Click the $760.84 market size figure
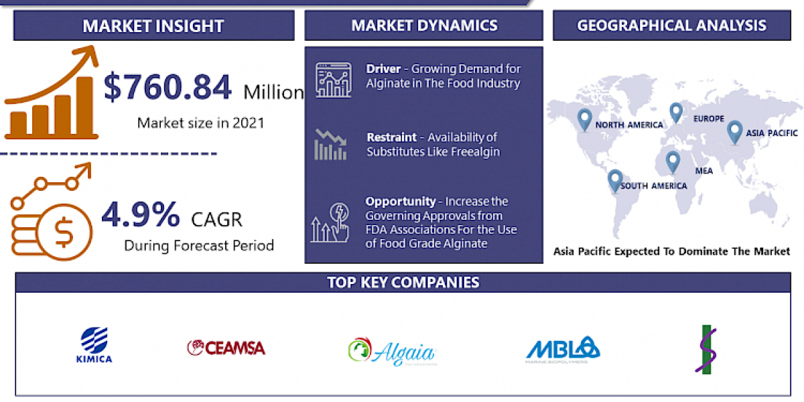click(168, 88)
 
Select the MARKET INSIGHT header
click(153, 26)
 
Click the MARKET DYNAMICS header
click(424, 25)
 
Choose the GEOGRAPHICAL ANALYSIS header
click(672, 25)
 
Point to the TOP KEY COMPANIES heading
click(403, 282)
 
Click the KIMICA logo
click(94, 345)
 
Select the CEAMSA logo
click(226, 347)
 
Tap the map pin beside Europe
click(675, 113)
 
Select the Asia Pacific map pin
click(734, 131)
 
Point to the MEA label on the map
click(703, 171)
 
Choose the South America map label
click(653, 186)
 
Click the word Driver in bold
click(383, 69)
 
